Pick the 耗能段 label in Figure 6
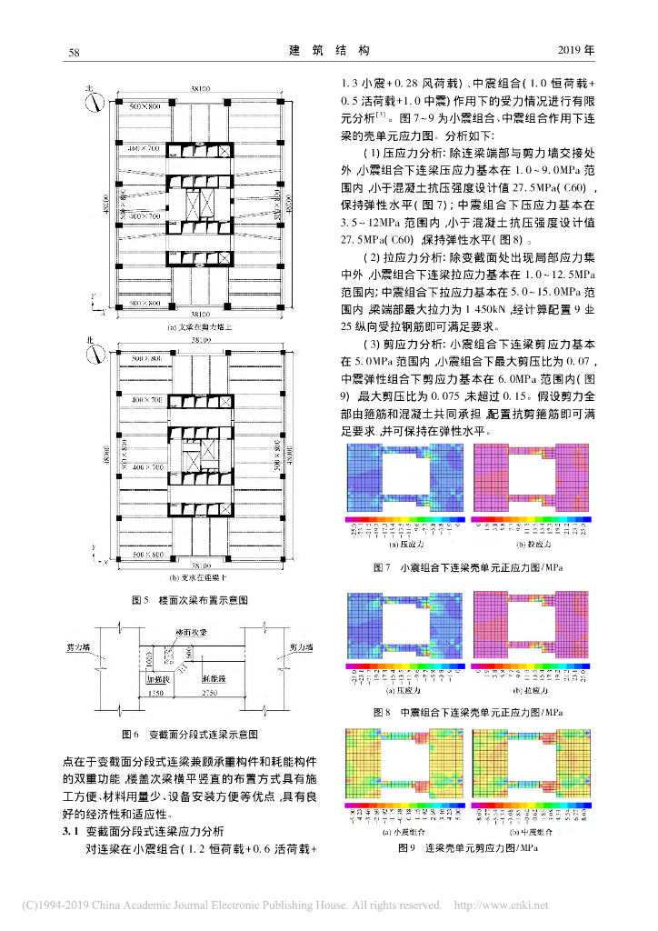216,677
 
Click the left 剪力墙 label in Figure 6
104,648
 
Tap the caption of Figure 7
468,567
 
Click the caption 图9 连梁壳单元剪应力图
468,847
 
